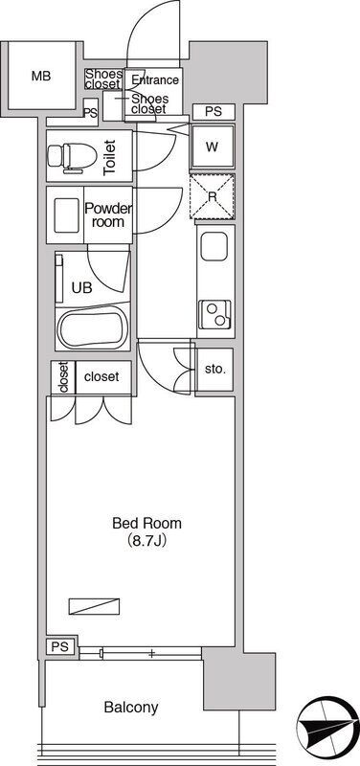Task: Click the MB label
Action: point(41,77)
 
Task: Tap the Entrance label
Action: point(155,79)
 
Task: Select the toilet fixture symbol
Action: point(66,157)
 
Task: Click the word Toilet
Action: point(109,158)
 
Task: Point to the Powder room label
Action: point(108,214)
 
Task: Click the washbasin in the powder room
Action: point(67,215)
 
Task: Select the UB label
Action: point(81,287)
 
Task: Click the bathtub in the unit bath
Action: point(92,328)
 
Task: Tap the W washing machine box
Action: point(212,146)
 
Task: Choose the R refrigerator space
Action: point(212,196)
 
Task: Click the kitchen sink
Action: point(214,247)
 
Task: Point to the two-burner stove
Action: point(215,314)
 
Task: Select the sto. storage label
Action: point(215,370)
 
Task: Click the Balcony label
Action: point(131,707)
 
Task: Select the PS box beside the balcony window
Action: point(62,646)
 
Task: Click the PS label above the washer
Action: point(214,112)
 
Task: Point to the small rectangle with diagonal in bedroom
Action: point(95,606)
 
